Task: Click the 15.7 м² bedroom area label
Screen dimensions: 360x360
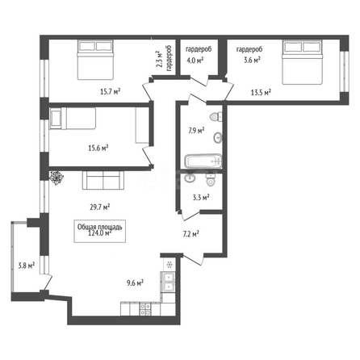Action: pyautogui.click(x=111, y=92)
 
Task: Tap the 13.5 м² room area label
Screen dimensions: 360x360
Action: pyautogui.click(x=261, y=93)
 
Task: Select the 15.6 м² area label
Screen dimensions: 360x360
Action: pyautogui.click(x=98, y=148)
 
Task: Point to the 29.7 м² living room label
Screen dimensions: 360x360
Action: pyautogui.click(x=99, y=207)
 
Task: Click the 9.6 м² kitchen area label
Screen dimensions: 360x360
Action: pyautogui.click(x=135, y=283)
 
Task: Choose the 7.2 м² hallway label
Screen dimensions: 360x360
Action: pyautogui.click(x=191, y=234)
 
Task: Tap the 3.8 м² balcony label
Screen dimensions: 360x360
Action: pyautogui.click(x=27, y=266)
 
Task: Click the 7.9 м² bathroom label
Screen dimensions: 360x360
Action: pyautogui.click(x=196, y=131)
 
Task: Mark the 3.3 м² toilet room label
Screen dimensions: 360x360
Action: pyautogui.click(x=201, y=198)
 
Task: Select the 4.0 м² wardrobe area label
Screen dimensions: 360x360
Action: pyautogui.click(x=195, y=61)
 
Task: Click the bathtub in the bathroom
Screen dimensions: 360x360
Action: pyautogui.click(x=203, y=161)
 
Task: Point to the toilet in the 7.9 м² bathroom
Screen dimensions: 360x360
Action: pyautogui.click(x=216, y=117)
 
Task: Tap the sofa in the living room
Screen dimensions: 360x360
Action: pyautogui.click(x=103, y=180)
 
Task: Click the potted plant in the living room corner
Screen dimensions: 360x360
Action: pyautogui.click(x=57, y=178)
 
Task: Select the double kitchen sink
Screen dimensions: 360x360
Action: pyautogui.click(x=168, y=282)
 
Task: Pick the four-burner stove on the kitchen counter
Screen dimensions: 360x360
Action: pyautogui.click(x=145, y=309)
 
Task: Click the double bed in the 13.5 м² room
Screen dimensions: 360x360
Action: pyautogui.click(x=302, y=62)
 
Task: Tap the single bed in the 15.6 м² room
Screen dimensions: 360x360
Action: pyautogui.click(x=73, y=119)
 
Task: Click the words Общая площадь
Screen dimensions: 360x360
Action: pyautogui.click(x=100, y=227)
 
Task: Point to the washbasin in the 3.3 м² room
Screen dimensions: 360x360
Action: pyautogui.click(x=190, y=178)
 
